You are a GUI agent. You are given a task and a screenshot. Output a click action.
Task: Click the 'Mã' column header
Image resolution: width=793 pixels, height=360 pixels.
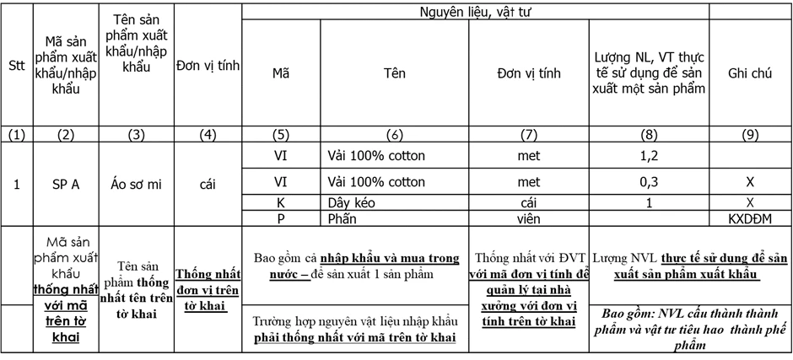[x=281, y=73]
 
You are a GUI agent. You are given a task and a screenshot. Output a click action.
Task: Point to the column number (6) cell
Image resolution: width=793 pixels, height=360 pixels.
[x=394, y=135]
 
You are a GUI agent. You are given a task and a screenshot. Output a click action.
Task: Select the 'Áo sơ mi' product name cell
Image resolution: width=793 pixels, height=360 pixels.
[x=136, y=185]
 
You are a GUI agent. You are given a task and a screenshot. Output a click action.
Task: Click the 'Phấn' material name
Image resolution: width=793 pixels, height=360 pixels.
[x=342, y=218]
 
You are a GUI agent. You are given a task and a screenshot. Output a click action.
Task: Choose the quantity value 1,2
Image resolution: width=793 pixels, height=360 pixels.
[x=649, y=156]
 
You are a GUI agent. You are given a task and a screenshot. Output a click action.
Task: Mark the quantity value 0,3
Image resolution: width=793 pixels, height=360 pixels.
[x=649, y=182]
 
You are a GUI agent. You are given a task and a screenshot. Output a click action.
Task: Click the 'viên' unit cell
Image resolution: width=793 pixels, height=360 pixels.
[x=529, y=218]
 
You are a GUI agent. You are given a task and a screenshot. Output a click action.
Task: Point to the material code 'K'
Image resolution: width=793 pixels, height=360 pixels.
[x=281, y=203]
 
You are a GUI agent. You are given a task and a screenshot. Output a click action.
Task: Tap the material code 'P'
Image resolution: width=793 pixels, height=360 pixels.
[x=281, y=218]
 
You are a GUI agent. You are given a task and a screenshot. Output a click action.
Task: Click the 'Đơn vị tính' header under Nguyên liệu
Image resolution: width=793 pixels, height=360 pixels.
[x=529, y=73]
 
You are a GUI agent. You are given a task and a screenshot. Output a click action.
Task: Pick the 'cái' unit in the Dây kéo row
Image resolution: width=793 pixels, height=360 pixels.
[x=529, y=203]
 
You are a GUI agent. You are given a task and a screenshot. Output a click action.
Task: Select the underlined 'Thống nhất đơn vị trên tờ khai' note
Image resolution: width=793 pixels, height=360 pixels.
[x=208, y=290]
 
